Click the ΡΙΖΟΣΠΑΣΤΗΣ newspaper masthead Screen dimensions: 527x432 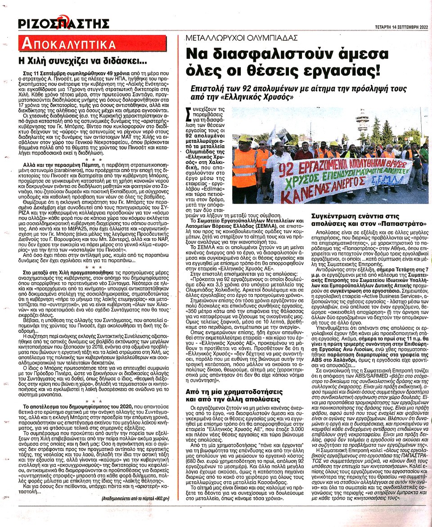click(64, 23)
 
